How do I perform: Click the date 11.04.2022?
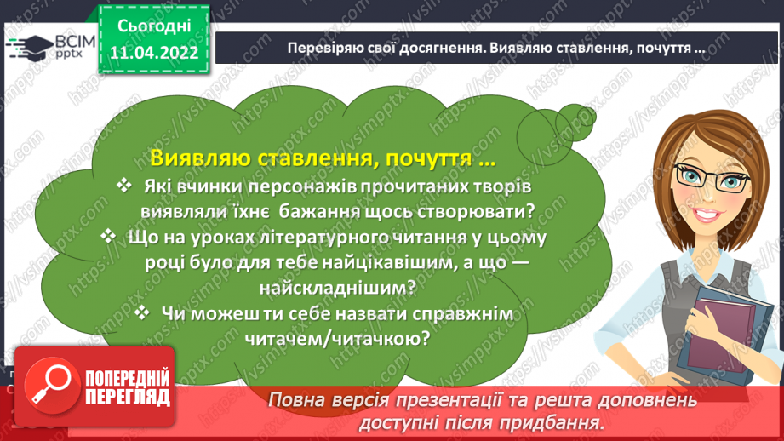[154, 53]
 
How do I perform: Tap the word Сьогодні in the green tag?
[154, 26]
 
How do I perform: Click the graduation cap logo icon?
[30, 47]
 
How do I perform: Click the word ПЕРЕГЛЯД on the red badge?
[128, 398]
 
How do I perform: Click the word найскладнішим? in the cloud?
[338, 288]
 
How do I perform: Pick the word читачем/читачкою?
[337, 339]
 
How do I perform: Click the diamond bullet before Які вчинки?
[124, 186]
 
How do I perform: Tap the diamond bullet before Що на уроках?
[108, 236]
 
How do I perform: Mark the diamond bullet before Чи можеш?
[142, 313]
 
